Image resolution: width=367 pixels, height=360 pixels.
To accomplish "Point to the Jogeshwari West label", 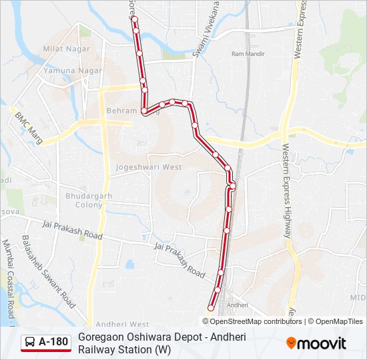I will coord(148,167).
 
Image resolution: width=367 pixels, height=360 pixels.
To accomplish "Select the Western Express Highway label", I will coord(286,193).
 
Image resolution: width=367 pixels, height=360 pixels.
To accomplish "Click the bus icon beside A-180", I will coord(31,343).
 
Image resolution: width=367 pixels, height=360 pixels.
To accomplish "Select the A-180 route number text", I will coord(53,343).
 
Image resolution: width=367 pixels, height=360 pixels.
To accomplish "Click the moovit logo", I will coord(316,343).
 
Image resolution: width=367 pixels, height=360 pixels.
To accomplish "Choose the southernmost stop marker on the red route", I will coord(211,308).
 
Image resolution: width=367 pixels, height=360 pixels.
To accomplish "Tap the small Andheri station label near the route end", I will coord(238,305).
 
